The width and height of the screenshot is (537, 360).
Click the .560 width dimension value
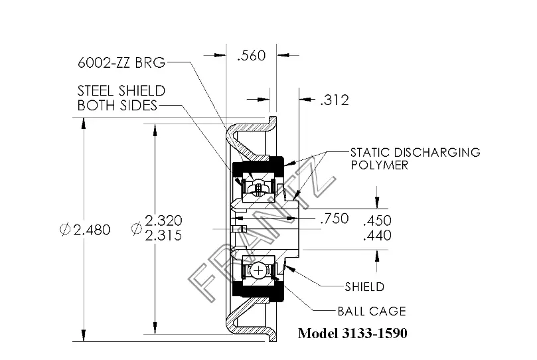[x=252, y=55]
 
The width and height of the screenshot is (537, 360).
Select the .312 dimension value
[x=335, y=100]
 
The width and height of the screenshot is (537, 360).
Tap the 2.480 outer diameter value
[x=92, y=230]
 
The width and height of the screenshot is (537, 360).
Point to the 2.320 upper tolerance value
[x=163, y=221]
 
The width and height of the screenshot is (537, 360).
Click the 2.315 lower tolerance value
[x=163, y=235]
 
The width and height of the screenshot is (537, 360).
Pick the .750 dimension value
[x=335, y=219]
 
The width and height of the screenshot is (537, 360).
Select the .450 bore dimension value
[x=378, y=221]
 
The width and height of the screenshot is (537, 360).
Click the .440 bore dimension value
[x=378, y=235]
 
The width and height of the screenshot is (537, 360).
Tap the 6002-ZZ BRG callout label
[x=121, y=62]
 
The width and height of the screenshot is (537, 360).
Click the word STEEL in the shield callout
[x=94, y=91]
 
